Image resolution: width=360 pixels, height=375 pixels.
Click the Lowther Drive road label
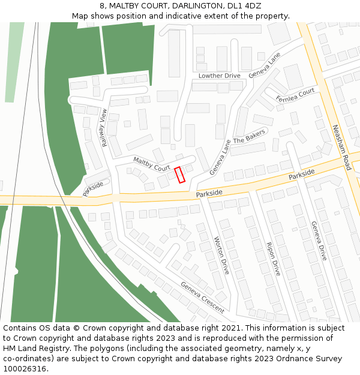pos(219,76)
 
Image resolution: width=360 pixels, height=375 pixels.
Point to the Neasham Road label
pos(340,147)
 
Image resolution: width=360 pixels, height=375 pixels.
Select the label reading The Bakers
pos(248,139)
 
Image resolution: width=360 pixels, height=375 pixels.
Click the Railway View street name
pos(105,128)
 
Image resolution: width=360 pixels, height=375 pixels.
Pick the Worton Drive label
pos(222,255)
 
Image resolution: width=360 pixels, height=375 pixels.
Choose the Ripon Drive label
pos(272,259)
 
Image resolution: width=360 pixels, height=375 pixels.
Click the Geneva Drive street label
pos(319,240)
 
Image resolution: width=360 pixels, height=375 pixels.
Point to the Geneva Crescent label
pos(202,298)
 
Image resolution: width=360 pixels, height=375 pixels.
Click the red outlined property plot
pos(179,175)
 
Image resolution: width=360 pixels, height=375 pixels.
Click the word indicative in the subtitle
pos(175,16)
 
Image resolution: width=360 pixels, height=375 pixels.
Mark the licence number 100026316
pos(26,369)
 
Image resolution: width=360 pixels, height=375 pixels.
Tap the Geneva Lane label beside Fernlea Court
pos(264,65)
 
